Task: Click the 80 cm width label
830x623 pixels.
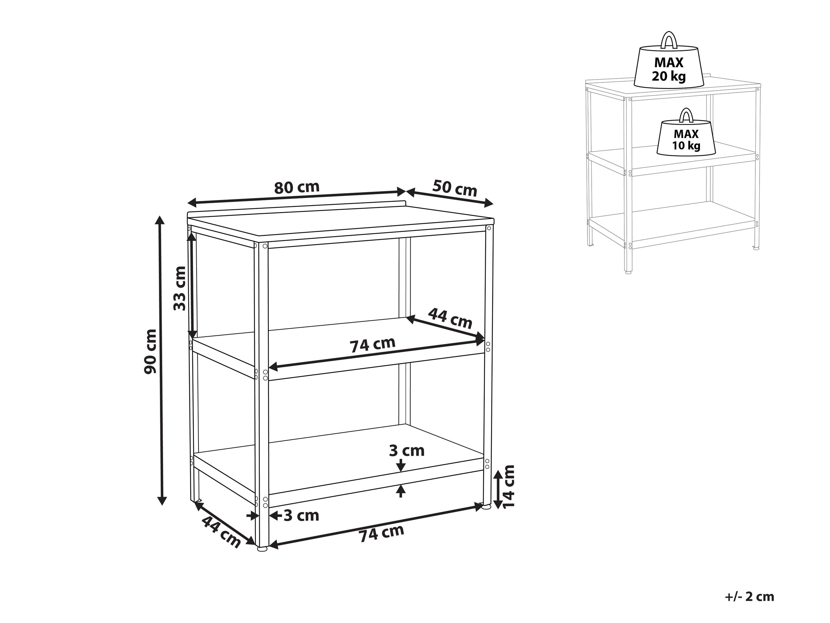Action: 296,187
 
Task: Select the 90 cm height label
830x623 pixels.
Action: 150,352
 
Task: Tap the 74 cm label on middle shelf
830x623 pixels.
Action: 373,344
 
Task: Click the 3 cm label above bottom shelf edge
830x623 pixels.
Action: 407,451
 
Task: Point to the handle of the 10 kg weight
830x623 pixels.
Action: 686,115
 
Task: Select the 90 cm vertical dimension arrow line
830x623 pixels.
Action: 161,360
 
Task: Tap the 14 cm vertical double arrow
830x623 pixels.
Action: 498,489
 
